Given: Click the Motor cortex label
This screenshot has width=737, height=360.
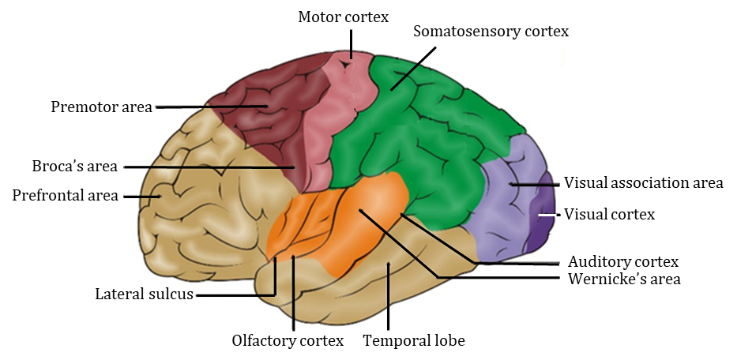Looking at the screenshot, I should pyautogui.click(x=343, y=17).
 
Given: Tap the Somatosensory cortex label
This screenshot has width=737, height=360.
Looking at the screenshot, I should pyautogui.click(x=491, y=32).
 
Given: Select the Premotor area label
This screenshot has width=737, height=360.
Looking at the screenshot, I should pyautogui.click(x=101, y=107).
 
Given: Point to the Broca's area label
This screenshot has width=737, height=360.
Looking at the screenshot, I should pyautogui.click(x=74, y=167).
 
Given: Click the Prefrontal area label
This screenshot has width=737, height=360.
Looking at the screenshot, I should pyautogui.click(x=65, y=195).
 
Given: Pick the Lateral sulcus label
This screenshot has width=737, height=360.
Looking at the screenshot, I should pyautogui.click(x=145, y=295).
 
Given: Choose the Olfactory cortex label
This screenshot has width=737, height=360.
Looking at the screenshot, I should pyautogui.click(x=288, y=341).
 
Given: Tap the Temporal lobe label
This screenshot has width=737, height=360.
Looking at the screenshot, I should pyautogui.click(x=414, y=341).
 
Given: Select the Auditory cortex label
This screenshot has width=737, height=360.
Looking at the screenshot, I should pyautogui.click(x=624, y=261).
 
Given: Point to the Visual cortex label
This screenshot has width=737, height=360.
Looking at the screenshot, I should pyautogui.click(x=609, y=214).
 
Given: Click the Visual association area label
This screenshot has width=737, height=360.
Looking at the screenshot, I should pyautogui.click(x=643, y=183).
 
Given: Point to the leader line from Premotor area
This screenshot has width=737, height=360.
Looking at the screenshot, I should pyautogui.click(x=205, y=107).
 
